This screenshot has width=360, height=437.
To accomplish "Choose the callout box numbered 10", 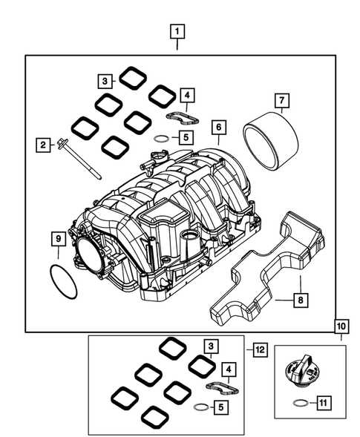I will pyautogui.click(x=341, y=326).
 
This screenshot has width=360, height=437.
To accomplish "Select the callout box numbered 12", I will pyautogui.click(x=258, y=349).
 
